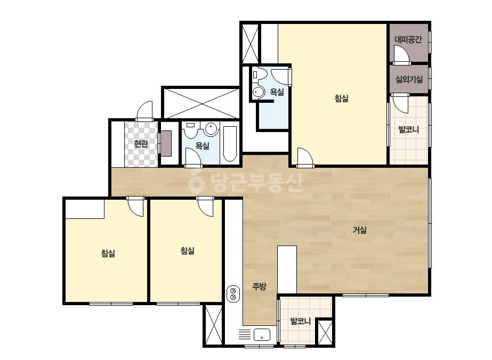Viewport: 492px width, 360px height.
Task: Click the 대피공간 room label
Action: pyautogui.click(x=408, y=39)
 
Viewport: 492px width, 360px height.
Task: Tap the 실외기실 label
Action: pyautogui.click(x=409, y=79)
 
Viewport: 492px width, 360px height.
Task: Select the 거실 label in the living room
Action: pyautogui.click(x=360, y=230)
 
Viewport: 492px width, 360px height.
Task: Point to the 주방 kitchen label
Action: pyautogui.click(x=259, y=287)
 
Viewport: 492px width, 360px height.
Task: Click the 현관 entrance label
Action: pyautogui.click(x=141, y=144)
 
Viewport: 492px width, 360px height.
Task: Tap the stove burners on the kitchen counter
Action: pyautogui.click(x=233, y=294)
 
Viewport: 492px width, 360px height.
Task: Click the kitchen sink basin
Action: pyautogui.click(x=262, y=334)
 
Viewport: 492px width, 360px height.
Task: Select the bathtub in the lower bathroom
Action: pyautogui.click(x=230, y=144)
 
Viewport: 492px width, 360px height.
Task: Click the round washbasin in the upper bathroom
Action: pyautogui.click(x=259, y=92)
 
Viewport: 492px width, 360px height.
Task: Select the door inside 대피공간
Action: pyautogui.click(x=401, y=54)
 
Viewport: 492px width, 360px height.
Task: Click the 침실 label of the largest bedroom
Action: pyautogui.click(x=341, y=99)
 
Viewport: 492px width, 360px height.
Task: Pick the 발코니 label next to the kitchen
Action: pyautogui.click(x=300, y=321)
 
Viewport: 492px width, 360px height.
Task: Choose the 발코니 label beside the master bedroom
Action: pyautogui.click(x=408, y=129)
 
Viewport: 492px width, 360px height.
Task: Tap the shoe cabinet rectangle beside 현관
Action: pyautogui.click(x=166, y=144)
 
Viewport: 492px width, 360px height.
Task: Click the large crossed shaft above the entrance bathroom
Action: pyautogui.click(x=201, y=103)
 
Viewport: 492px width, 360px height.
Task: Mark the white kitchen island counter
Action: pyautogui.click(x=287, y=269)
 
